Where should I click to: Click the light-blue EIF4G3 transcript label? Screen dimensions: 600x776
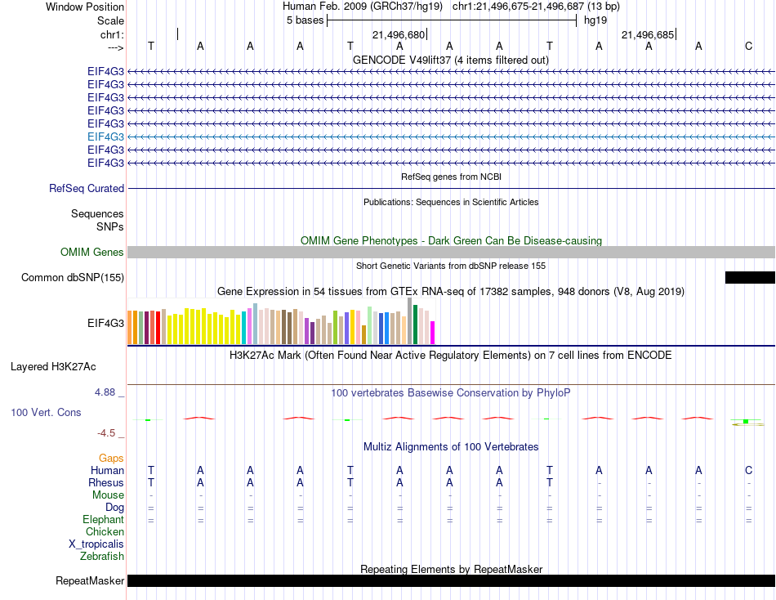[x=105, y=137]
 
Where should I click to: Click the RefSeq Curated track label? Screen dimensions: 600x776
[x=87, y=188]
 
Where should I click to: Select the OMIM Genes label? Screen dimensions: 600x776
[x=92, y=253]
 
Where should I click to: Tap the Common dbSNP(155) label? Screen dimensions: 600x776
[x=73, y=278]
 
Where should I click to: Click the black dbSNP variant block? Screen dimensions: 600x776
[x=749, y=278]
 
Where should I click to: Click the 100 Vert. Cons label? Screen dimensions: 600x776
[x=46, y=413]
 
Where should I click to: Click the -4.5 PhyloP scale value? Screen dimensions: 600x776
[x=107, y=433]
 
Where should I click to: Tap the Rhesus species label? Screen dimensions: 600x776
[x=106, y=483]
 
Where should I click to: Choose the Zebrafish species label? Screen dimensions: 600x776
[x=102, y=557]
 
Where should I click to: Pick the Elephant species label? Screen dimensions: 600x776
[x=104, y=520]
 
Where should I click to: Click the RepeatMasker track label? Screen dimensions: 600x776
[x=90, y=581]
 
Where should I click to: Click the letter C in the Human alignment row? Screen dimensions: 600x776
[x=748, y=470]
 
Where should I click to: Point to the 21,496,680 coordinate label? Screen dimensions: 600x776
[x=399, y=35]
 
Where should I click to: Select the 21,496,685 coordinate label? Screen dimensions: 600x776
[x=648, y=35]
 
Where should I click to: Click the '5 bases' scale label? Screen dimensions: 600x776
[x=305, y=20]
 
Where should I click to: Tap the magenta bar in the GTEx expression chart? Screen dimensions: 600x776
[x=433, y=333]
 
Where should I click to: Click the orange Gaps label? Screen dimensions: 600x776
[x=111, y=459]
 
